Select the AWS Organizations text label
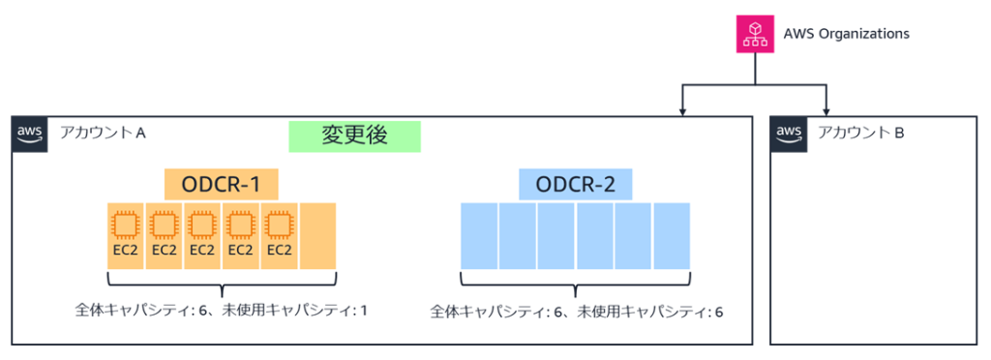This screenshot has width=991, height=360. tap(846, 34)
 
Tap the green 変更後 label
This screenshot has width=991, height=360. tap(354, 135)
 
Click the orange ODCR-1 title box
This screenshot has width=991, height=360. tap(222, 184)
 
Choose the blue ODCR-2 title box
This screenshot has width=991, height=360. tap(575, 184)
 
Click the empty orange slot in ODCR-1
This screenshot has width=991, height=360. tap(317, 236)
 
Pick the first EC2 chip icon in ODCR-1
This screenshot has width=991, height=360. tap(125, 225)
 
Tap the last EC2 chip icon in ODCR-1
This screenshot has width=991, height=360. tap(279, 225)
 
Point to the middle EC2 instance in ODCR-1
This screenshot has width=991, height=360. tap(202, 235)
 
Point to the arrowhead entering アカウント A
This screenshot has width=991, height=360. tap(684, 110)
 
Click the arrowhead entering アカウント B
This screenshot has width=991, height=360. tap(826, 110)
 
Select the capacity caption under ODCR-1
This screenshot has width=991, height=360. tap(222, 311)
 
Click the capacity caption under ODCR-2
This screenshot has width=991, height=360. tap(576, 312)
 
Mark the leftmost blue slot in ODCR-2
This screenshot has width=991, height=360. tap(479, 235)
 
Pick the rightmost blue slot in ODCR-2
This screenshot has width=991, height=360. tap(672, 235)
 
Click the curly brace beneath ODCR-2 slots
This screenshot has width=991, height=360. tap(575, 284)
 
